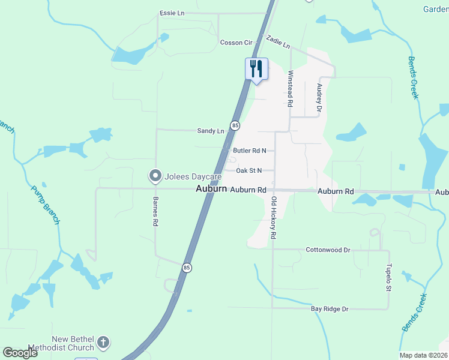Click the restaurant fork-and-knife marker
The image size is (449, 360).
point(256,69)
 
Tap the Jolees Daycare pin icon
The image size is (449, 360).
point(155,176)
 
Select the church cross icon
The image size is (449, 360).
point(103,343)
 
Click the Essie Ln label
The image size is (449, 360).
point(172,13)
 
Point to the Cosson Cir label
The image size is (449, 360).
point(236,43)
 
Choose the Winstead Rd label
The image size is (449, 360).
point(290,89)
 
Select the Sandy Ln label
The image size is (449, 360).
point(211,130)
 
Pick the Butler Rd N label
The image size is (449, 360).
point(249,151)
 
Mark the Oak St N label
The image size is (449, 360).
point(249,170)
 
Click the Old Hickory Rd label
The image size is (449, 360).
point(274,218)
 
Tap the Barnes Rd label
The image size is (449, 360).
point(155,211)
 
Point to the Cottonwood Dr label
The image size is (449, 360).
point(328,250)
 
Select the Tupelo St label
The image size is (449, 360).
point(388,278)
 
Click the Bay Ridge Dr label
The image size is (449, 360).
point(330,308)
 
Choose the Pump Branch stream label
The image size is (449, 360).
point(46,205)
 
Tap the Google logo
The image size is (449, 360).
point(20,353)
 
